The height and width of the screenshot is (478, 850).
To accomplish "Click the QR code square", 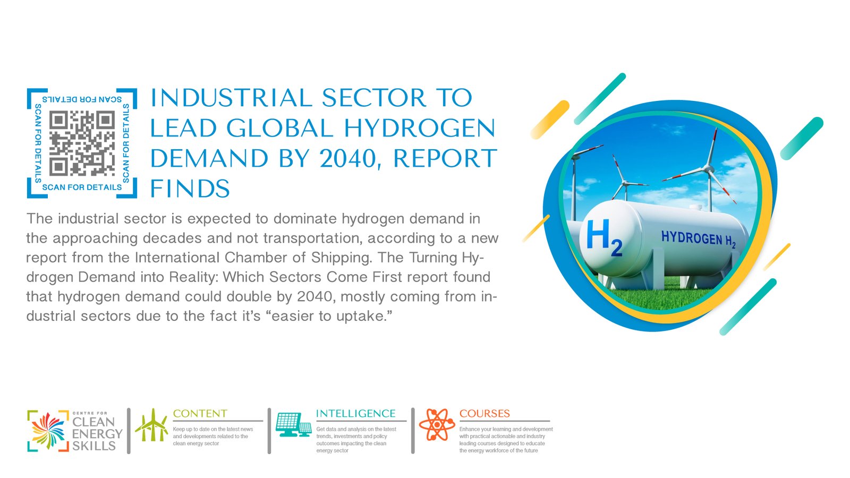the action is pos(82,143).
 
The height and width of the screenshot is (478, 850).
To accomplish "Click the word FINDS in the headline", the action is pos(190,188).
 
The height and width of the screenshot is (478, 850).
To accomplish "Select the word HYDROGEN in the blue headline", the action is pos(420,128).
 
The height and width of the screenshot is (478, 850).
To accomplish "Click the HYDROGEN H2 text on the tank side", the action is pos(699,239).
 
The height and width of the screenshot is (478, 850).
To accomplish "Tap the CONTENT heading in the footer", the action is pos(200,413).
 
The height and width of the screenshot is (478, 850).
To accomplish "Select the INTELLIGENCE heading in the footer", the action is pos(356,413).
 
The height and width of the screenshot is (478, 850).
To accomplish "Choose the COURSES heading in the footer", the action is pos(484,413).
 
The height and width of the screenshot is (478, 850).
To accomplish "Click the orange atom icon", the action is pos(437,424).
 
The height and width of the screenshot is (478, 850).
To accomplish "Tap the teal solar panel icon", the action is pos(293,424).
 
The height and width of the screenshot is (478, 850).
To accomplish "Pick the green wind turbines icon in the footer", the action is pos(151,425).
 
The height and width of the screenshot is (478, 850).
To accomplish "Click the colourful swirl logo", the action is pos(48,431).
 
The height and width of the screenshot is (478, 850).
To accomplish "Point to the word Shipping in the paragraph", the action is pos(341,258).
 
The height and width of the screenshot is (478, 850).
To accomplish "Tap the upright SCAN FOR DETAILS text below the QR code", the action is pos(82,187).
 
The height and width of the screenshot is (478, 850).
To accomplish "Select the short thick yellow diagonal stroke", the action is pos(550,119).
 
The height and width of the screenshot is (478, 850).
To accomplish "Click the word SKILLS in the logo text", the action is pos(93,446).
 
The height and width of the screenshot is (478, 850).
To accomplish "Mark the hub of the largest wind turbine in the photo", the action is pos(707,168).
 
